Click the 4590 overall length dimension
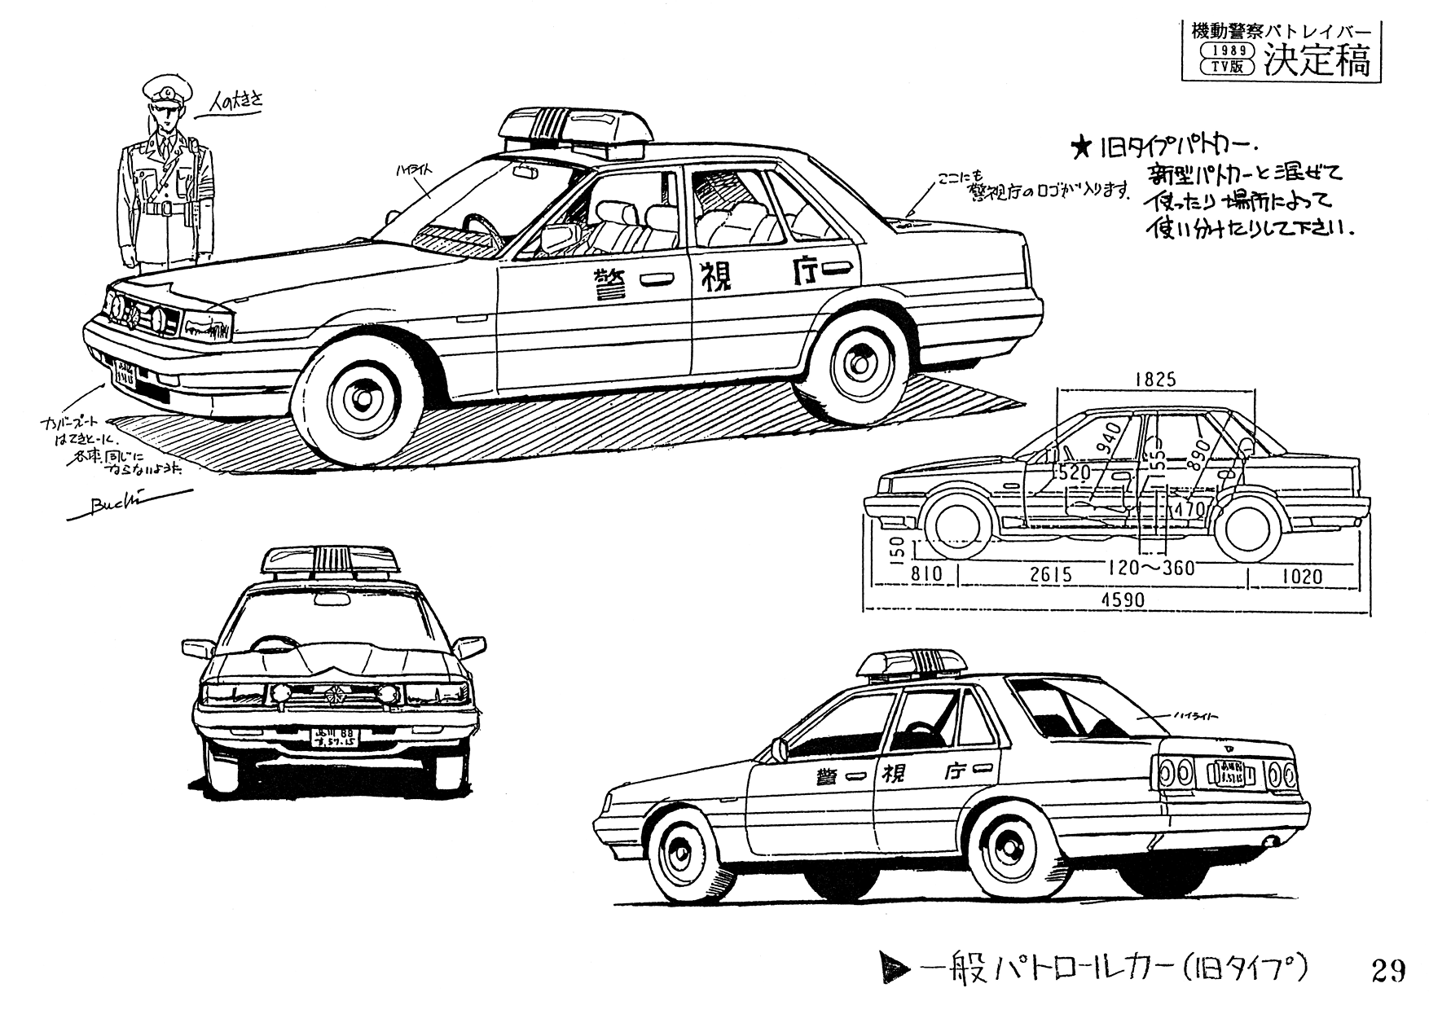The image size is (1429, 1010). pyautogui.click(x=1123, y=600)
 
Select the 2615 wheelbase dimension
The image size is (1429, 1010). pyautogui.click(x=1051, y=574)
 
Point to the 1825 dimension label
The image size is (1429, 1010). pyautogui.click(x=1154, y=379)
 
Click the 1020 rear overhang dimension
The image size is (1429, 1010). pyautogui.click(x=1301, y=576)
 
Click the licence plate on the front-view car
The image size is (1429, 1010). pyautogui.click(x=334, y=738)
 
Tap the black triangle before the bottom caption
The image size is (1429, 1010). pyautogui.click(x=897, y=969)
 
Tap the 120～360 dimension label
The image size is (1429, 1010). pyautogui.click(x=1149, y=568)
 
